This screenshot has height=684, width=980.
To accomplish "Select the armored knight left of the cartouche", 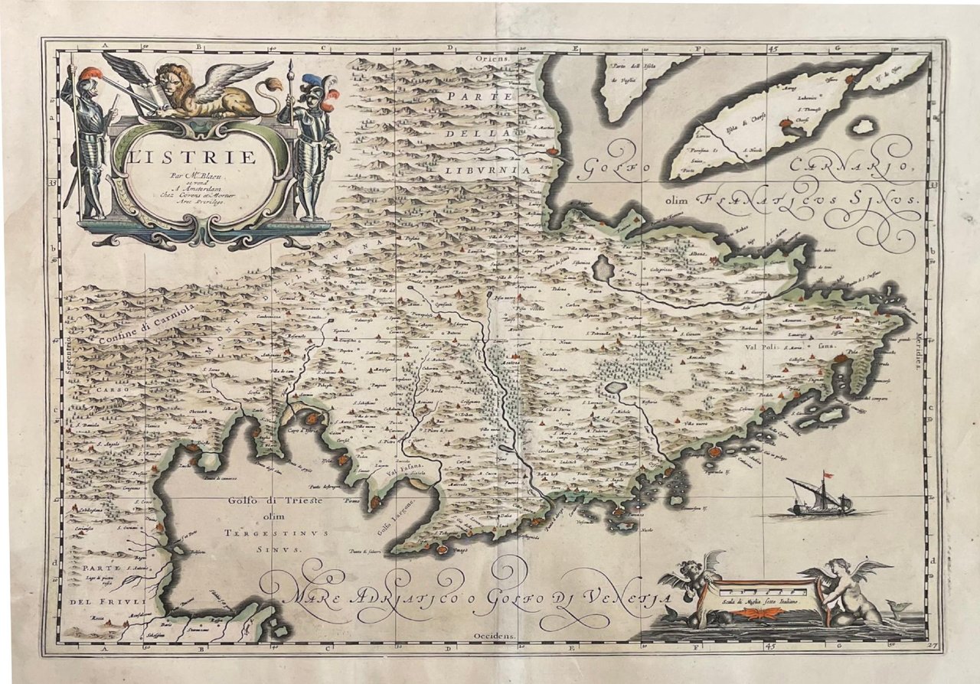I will point(89,142).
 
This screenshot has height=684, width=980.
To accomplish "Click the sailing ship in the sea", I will point(820,497).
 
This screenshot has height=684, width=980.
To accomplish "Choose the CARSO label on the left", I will point(109,389).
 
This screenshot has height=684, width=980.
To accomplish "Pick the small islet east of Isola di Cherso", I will point(864,125).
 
